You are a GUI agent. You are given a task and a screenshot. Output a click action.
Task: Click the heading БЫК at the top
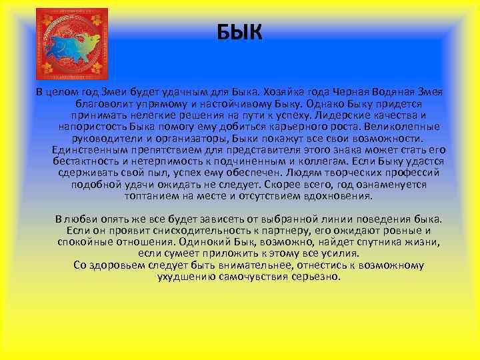240,31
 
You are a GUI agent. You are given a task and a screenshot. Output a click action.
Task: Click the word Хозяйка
288,91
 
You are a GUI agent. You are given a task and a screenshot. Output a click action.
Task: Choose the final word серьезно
316,276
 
